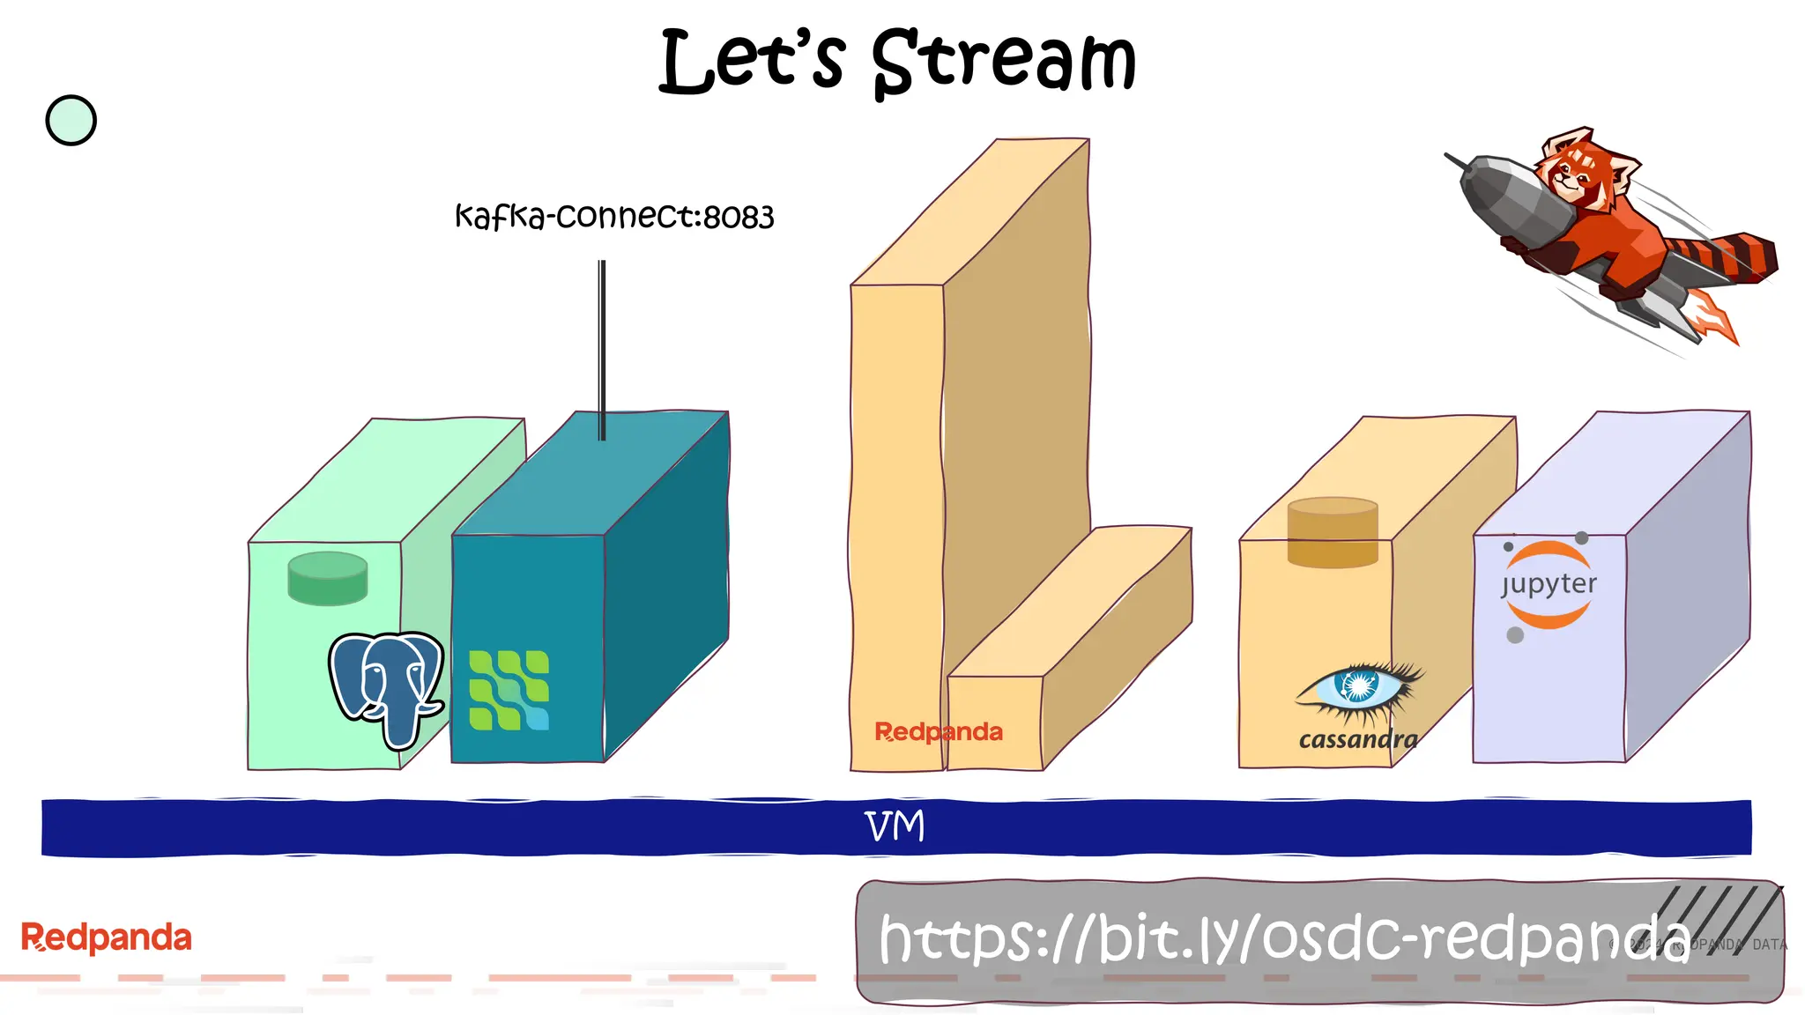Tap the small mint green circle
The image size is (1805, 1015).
pyautogui.click(x=71, y=121)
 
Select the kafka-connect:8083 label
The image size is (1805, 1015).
pyautogui.click(x=614, y=217)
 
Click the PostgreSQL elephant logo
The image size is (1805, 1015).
pyautogui.click(x=386, y=687)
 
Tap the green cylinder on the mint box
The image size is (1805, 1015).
pyautogui.click(x=327, y=579)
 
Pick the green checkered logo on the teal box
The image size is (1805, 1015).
pyautogui.click(x=509, y=690)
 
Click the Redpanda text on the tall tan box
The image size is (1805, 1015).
pyautogui.click(x=938, y=732)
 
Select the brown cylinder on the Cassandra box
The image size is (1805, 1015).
pyautogui.click(x=1332, y=532)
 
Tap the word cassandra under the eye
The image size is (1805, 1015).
pyautogui.click(x=1358, y=740)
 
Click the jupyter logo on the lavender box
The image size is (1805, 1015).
pyautogui.click(x=1549, y=585)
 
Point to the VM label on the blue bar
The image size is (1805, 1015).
pyautogui.click(x=895, y=826)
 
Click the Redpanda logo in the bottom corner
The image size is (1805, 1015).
pyautogui.click(x=106, y=937)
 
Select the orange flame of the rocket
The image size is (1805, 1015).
pyautogui.click(x=1714, y=319)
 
